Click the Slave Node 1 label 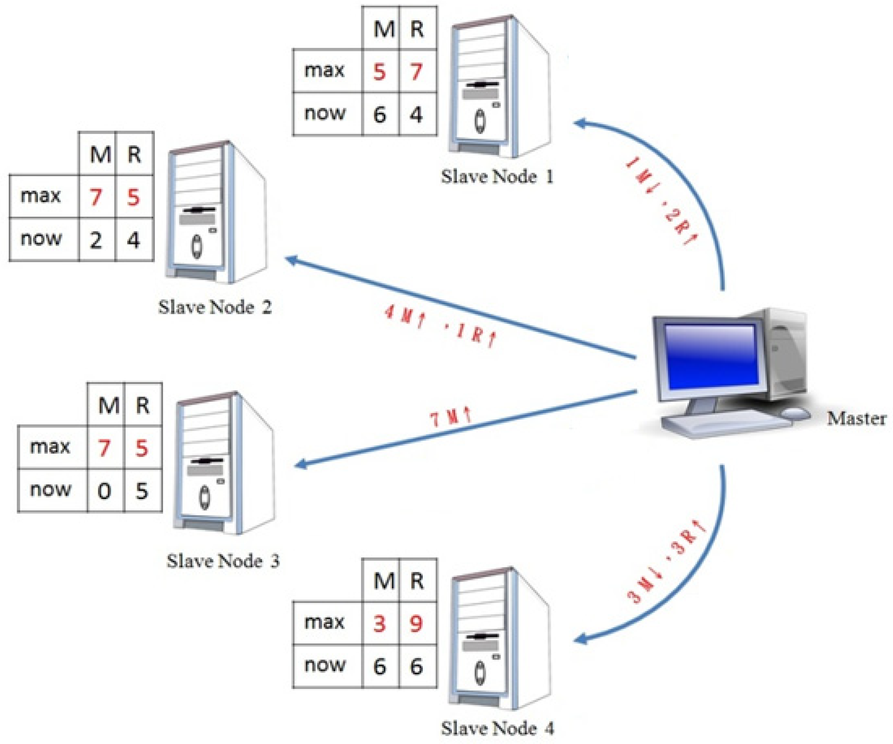pos(497,176)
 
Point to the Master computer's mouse pos(795,413)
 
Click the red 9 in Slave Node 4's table pos(416,624)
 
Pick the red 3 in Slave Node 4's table pos(379,624)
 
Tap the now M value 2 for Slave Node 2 pos(96,240)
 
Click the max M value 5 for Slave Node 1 pos(379,71)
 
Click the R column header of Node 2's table pos(134,154)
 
